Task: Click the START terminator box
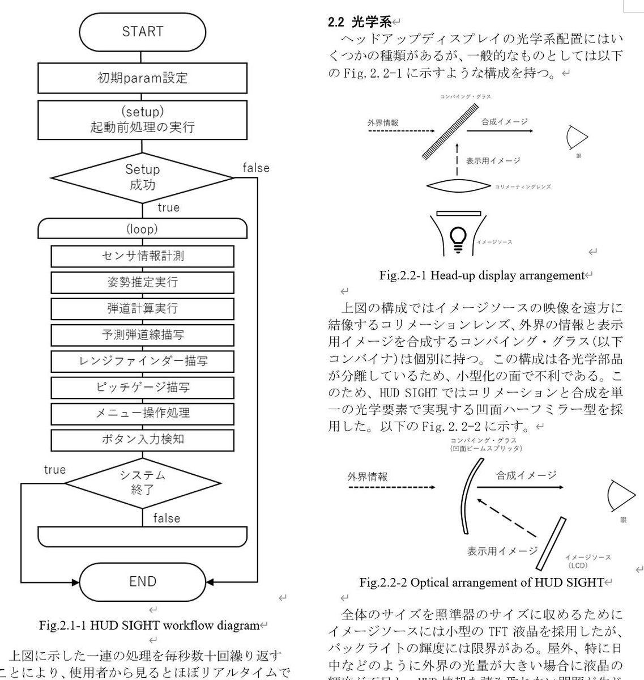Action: click(x=142, y=31)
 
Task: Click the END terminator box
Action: click(x=142, y=581)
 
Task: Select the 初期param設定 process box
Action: click(x=142, y=78)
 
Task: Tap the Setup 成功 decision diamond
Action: click(x=142, y=177)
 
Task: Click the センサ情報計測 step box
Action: click(x=142, y=256)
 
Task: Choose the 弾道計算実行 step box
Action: click(x=142, y=308)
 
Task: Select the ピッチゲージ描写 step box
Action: click(x=142, y=388)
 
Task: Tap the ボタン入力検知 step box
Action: click(x=142, y=439)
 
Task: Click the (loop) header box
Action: click(x=142, y=229)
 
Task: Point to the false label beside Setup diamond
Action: click(x=256, y=168)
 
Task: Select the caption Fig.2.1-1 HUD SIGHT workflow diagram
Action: click(x=149, y=626)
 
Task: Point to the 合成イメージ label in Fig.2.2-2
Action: click(x=526, y=475)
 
